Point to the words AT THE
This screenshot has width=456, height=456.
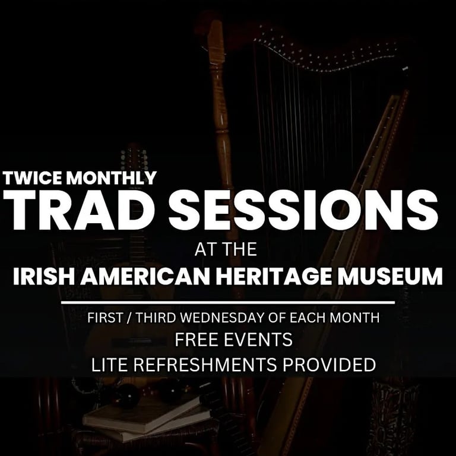pos(226,249)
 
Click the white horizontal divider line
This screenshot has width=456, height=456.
pos(228,302)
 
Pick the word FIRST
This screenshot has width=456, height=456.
pos(104,318)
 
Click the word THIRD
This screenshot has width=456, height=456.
pos(155,318)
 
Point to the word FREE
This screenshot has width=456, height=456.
pos(197,340)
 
